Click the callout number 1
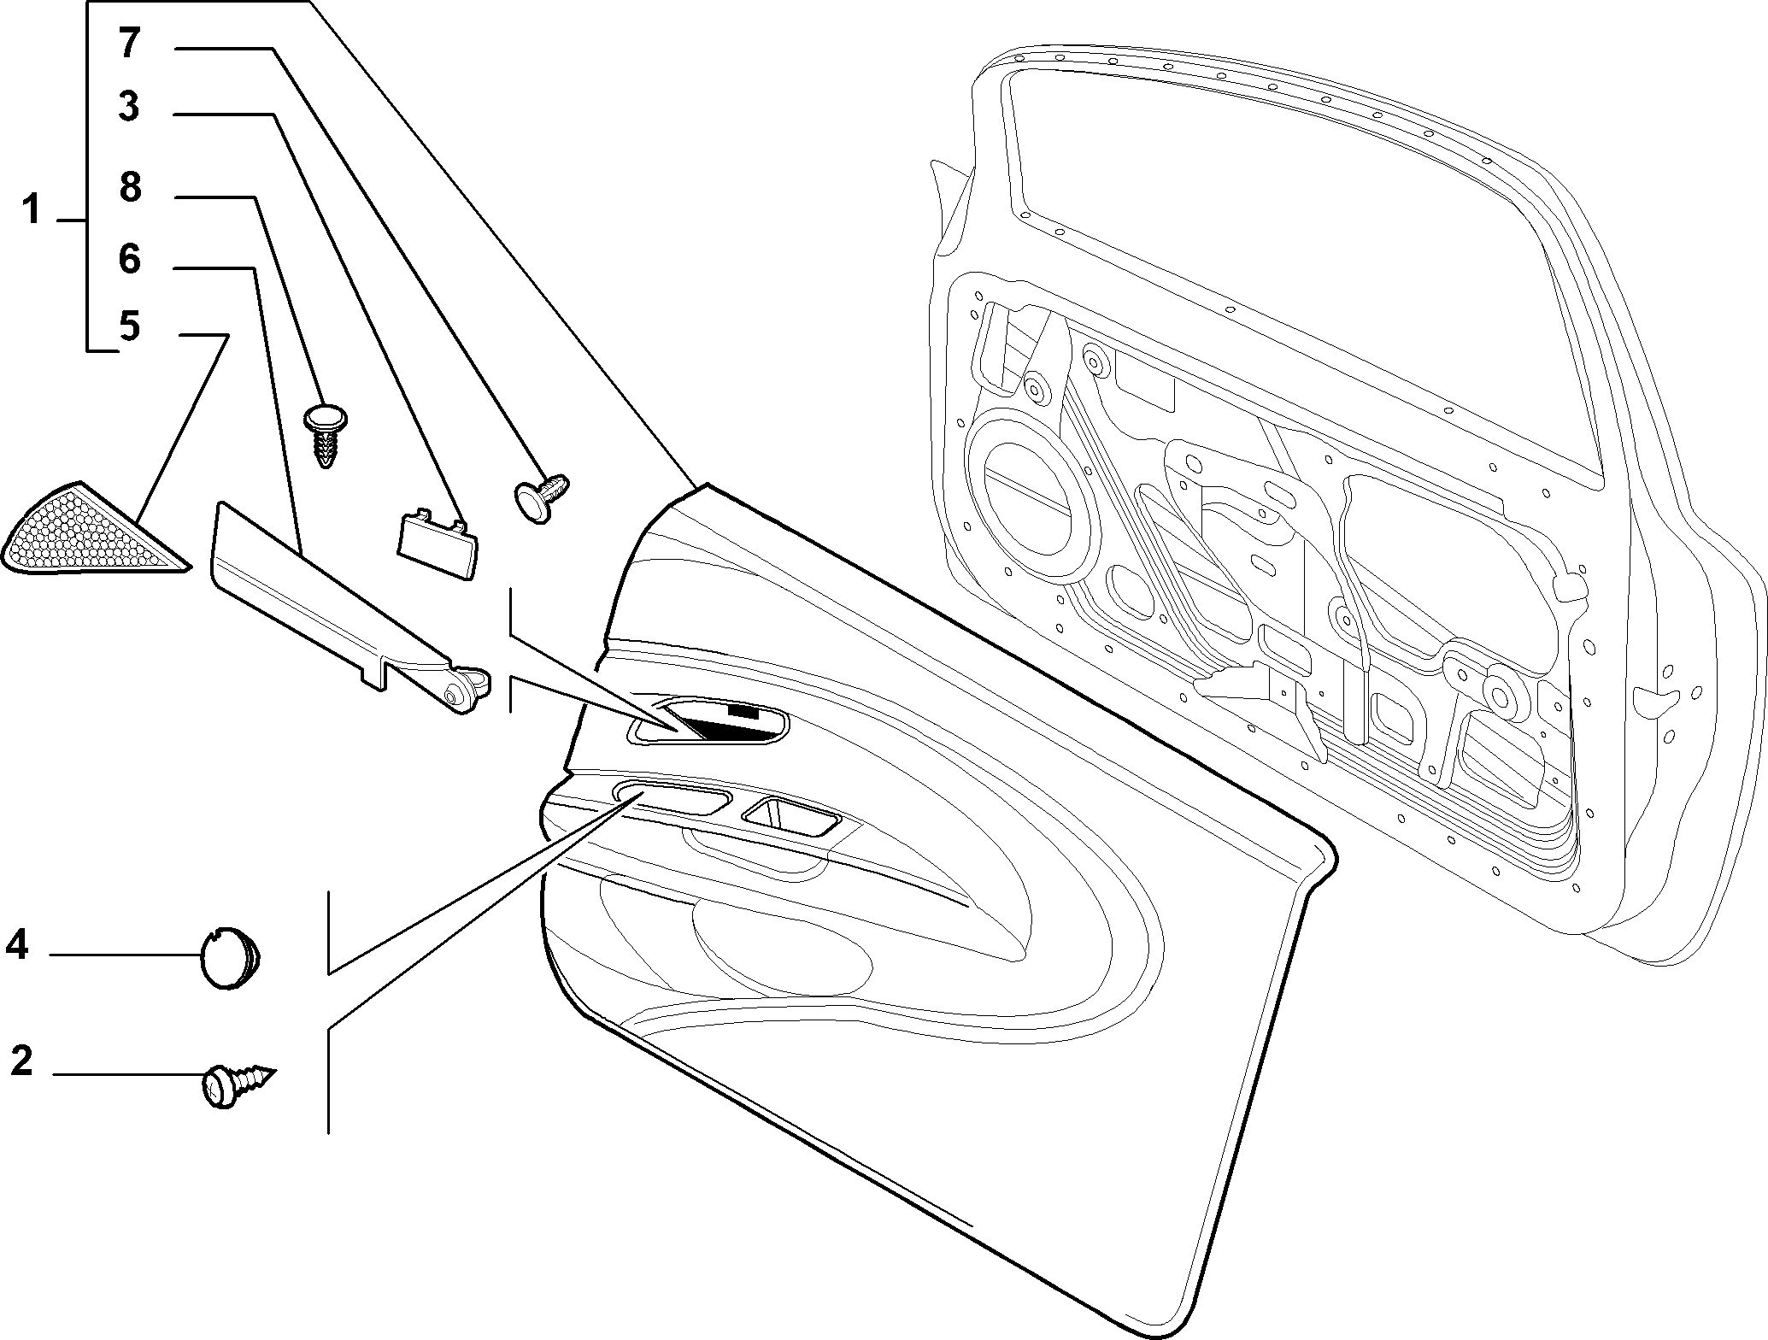tap(32, 209)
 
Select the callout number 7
tap(129, 43)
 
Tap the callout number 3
tap(129, 108)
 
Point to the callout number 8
tap(130, 188)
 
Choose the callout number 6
tap(130, 259)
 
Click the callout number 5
tap(130, 326)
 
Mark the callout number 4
tap(17, 946)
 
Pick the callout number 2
tap(21, 1061)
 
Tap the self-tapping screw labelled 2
tap(238, 1083)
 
